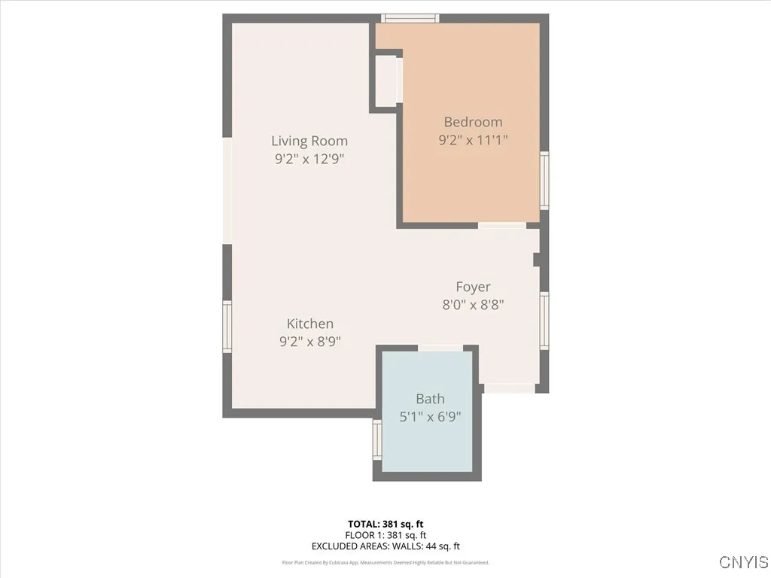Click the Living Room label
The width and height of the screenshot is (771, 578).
pos(309,141)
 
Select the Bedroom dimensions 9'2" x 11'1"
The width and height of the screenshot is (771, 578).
pos(473,139)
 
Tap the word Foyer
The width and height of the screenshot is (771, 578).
pos(473,287)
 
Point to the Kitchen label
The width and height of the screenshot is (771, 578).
pos(309,324)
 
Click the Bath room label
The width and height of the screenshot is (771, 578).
pos(430,399)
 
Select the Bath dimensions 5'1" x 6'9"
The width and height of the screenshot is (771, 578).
pos(430,416)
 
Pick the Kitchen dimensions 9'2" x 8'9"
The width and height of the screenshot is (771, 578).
pos(309,341)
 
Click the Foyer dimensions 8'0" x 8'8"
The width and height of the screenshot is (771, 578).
pos(473,305)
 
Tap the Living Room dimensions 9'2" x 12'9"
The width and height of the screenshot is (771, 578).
pos(309,159)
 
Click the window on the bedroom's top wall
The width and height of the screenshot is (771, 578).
pos(410,18)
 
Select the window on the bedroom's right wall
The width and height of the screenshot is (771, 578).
pos(544,181)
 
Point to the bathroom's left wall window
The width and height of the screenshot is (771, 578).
pos(377,440)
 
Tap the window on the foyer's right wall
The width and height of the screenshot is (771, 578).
pos(544,321)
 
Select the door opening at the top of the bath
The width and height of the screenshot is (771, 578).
pos(440,348)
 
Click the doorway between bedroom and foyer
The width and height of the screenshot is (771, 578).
pos(502,225)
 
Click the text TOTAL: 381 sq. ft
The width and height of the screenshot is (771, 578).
pos(385,524)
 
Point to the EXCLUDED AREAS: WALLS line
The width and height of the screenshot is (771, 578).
pos(385,546)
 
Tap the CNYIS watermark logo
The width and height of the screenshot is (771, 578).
pos(743,562)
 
